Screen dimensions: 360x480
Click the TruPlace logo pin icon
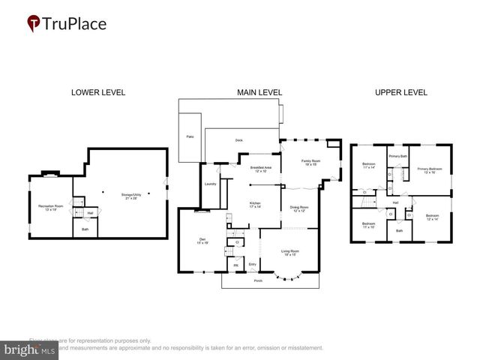pos(34,24)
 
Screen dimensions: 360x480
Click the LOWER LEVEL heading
pos(98,93)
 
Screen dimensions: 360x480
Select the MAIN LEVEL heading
pos(259,93)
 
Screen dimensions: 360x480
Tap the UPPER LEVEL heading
pos(401,93)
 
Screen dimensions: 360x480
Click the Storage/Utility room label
pos(131,194)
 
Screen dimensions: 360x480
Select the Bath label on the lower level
pos(85,229)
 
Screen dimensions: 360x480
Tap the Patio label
pos(190,137)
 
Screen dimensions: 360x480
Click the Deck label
pos(239,140)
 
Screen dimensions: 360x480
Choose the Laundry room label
pos(210,184)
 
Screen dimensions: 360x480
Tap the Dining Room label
pos(300,209)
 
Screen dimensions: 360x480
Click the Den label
pos(201,241)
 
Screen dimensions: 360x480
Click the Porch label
pos(258,280)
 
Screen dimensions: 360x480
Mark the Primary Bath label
pos(397,156)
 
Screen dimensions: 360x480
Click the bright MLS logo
pos(30,349)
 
